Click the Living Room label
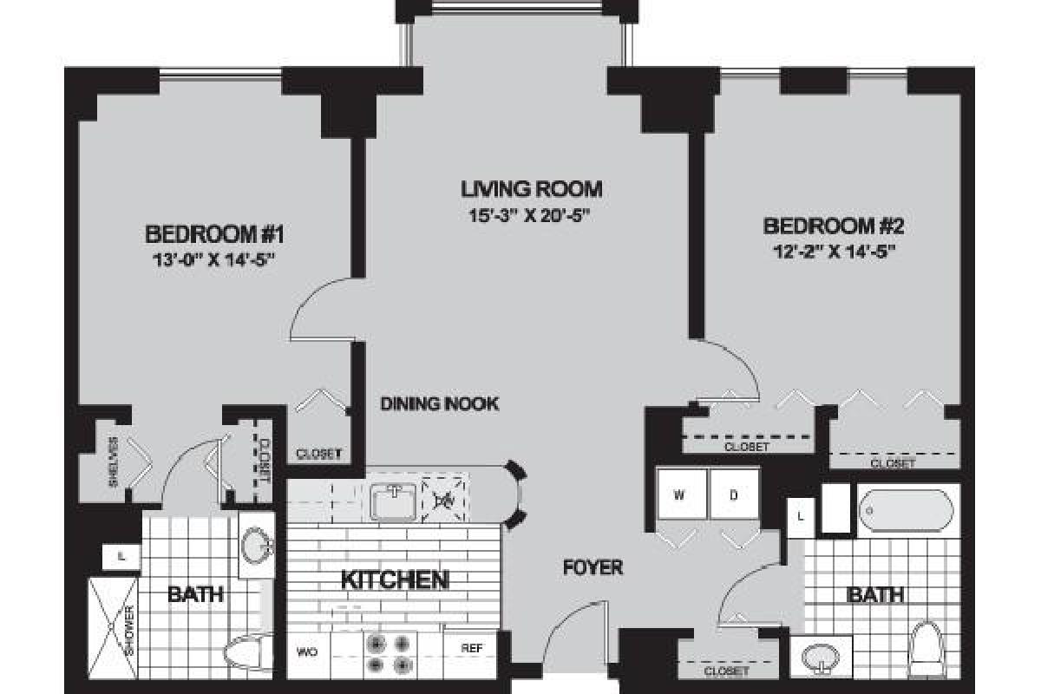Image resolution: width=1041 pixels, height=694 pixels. (531, 188)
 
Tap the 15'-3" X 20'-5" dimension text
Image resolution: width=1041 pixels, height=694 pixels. (531, 213)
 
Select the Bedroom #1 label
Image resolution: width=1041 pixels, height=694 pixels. (215, 233)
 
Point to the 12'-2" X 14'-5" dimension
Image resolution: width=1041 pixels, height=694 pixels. (833, 252)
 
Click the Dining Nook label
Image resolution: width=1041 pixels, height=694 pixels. (440, 403)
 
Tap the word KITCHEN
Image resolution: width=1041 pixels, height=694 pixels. (394, 579)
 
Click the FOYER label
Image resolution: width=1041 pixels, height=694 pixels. (593, 567)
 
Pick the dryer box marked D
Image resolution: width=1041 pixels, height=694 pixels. (733, 495)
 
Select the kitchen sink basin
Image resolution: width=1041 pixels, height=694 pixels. (395, 501)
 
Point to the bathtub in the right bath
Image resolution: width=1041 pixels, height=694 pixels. (907, 510)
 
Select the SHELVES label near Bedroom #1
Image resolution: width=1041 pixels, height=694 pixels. (113, 468)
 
